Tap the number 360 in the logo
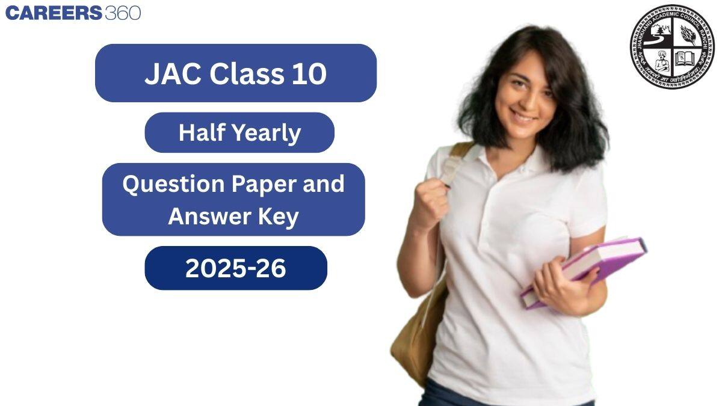coord(123,13)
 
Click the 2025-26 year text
coord(235,268)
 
